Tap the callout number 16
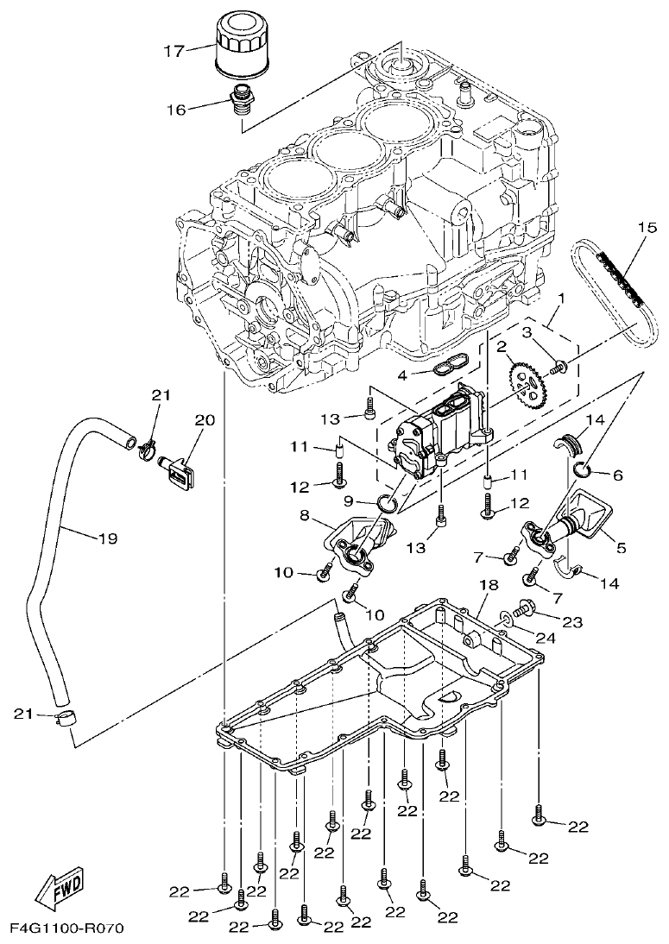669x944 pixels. [x=176, y=110]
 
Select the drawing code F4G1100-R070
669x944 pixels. [x=67, y=928]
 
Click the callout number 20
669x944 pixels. [x=204, y=420]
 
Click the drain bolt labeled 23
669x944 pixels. [x=525, y=612]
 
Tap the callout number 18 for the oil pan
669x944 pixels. [x=489, y=586]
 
